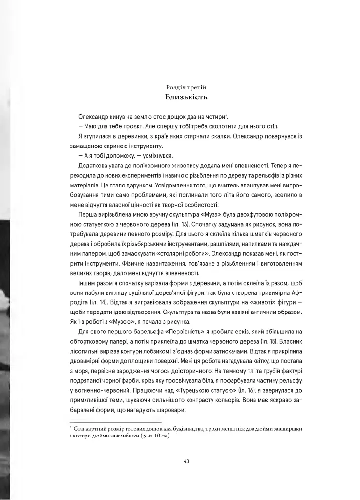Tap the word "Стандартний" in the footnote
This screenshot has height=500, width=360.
click(x=89, y=428)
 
